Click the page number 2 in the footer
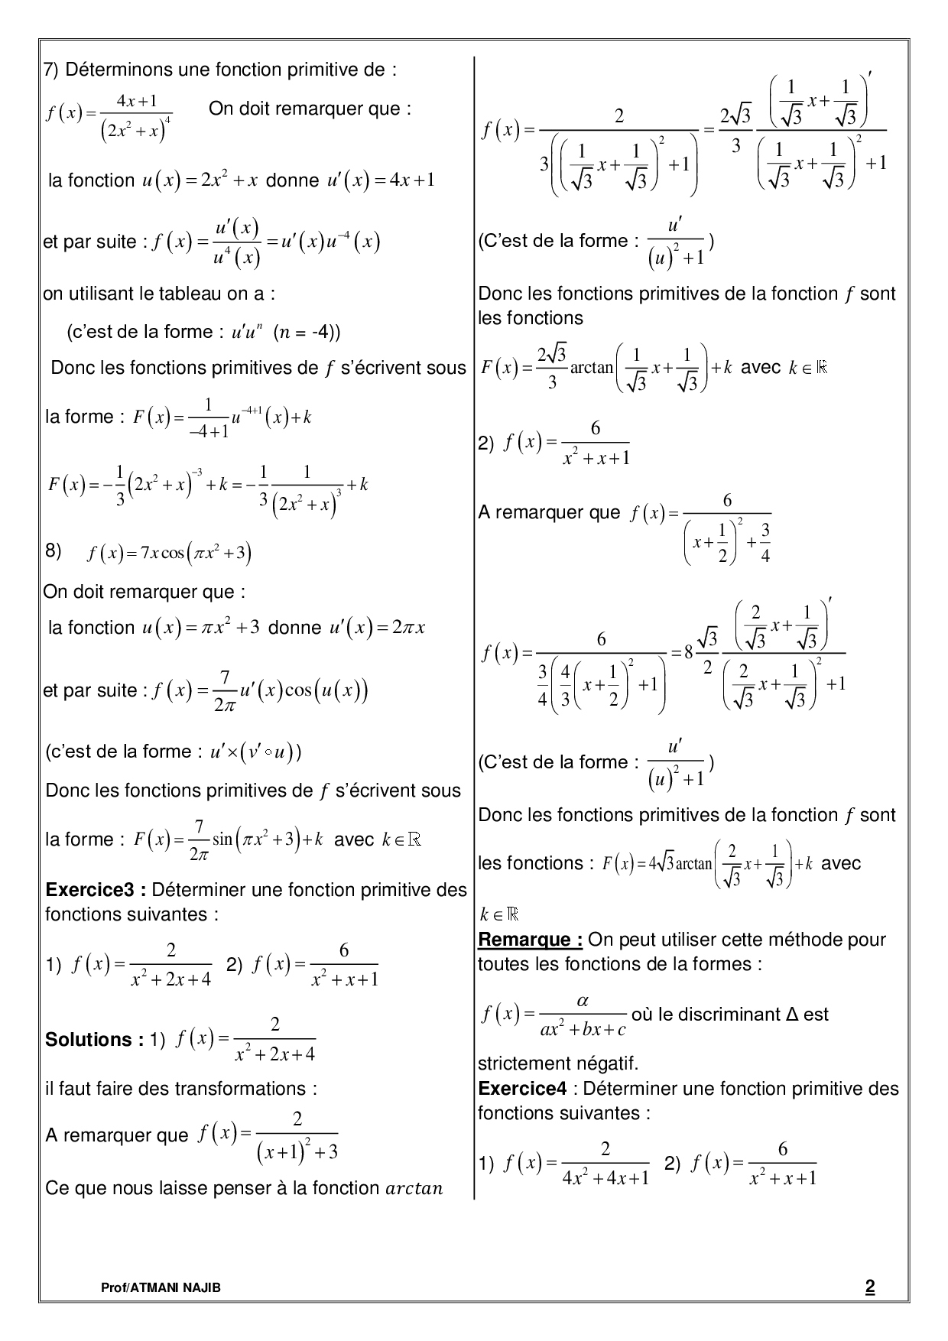click(869, 1287)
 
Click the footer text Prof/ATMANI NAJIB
click(161, 1288)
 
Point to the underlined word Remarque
click(530, 940)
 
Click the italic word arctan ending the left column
click(415, 1189)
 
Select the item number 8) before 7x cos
click(53, 551)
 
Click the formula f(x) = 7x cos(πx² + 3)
click(170, 553)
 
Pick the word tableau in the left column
click(188, 294)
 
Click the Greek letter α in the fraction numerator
click(582, 1001)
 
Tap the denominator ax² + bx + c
click(583, 1030)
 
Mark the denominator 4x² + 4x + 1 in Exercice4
click(605, 1178)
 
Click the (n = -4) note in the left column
click(307, 333)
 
